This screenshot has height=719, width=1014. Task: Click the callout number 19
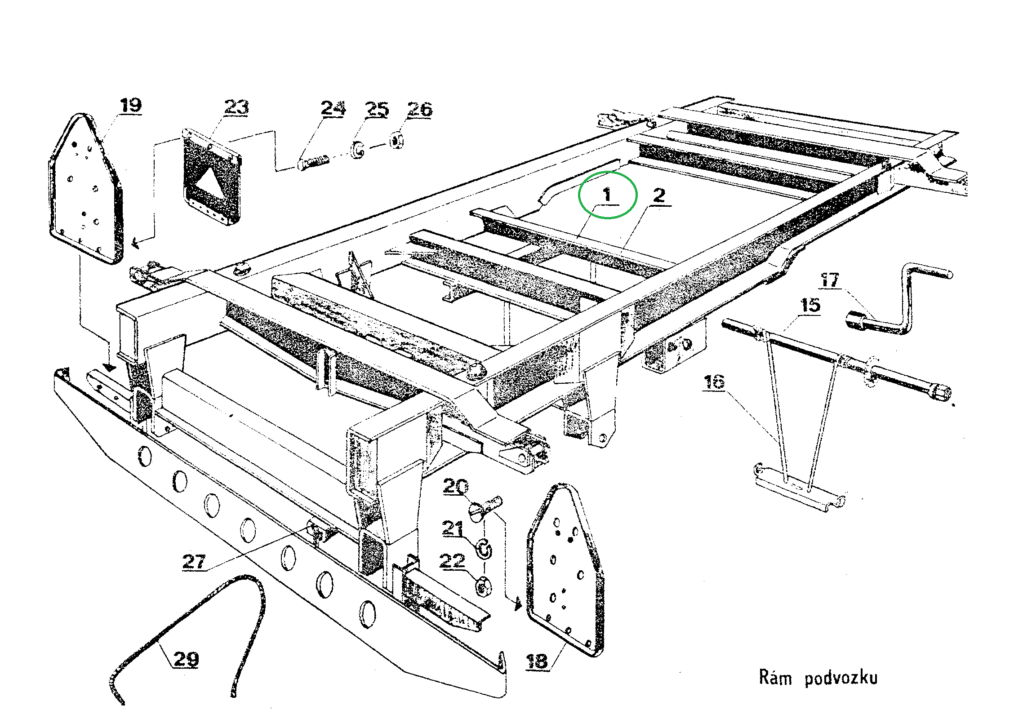(x=131, y=106)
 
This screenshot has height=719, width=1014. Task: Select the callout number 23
(x=236, y=107)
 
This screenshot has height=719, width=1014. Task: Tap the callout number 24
(x=333, y=109)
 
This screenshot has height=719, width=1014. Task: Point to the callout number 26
(x=420, y=109)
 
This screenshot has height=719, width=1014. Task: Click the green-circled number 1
(x=607, y=195)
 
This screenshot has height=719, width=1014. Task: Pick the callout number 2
(x=659, y=195)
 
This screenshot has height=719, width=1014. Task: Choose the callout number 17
(x=830, y=280)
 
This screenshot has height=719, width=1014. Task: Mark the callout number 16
(x=714, y=382)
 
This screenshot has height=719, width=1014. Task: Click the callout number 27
(x=194, y=562)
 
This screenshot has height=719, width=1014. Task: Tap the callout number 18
(x=537, y=661)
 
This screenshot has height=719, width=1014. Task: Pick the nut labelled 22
(x=484, y=586)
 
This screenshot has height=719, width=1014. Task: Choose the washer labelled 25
(x=358, y=151)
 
